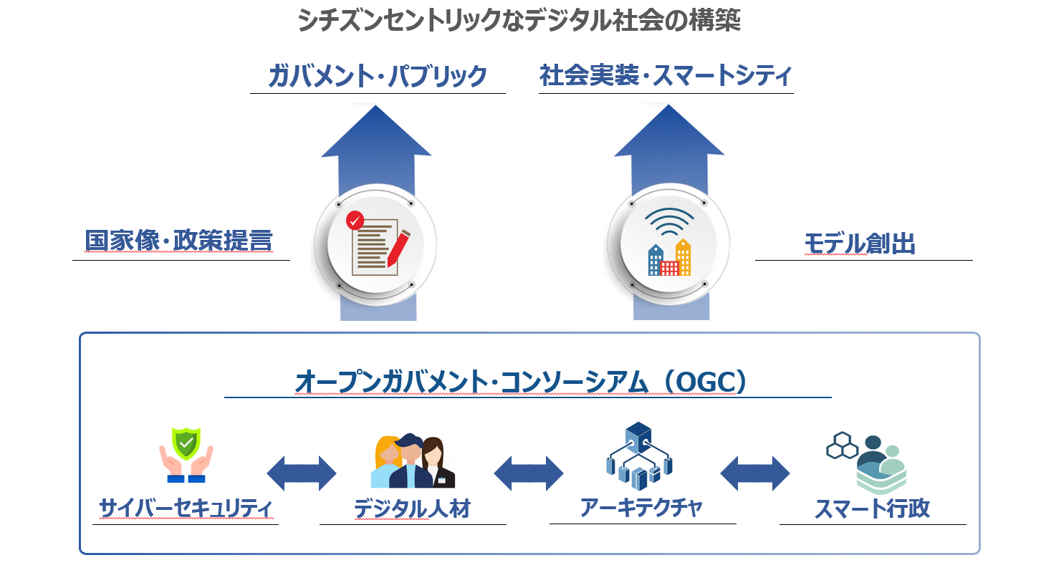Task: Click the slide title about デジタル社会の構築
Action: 519,21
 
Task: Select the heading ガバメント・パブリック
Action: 378,76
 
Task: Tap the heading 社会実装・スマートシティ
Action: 666,76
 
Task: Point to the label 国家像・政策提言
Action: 178,241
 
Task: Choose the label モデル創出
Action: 860,244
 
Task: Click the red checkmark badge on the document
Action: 354,220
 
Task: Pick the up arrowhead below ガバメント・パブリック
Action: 376,132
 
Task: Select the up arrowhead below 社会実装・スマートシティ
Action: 669,132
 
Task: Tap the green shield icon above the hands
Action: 186,443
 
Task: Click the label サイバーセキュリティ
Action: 186,509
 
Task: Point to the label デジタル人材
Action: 412,509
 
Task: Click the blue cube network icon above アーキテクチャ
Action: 638,451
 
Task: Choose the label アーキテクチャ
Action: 641,508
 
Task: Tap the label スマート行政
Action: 872,509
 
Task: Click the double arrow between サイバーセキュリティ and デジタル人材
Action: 302,473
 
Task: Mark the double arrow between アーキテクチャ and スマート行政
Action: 754,473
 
